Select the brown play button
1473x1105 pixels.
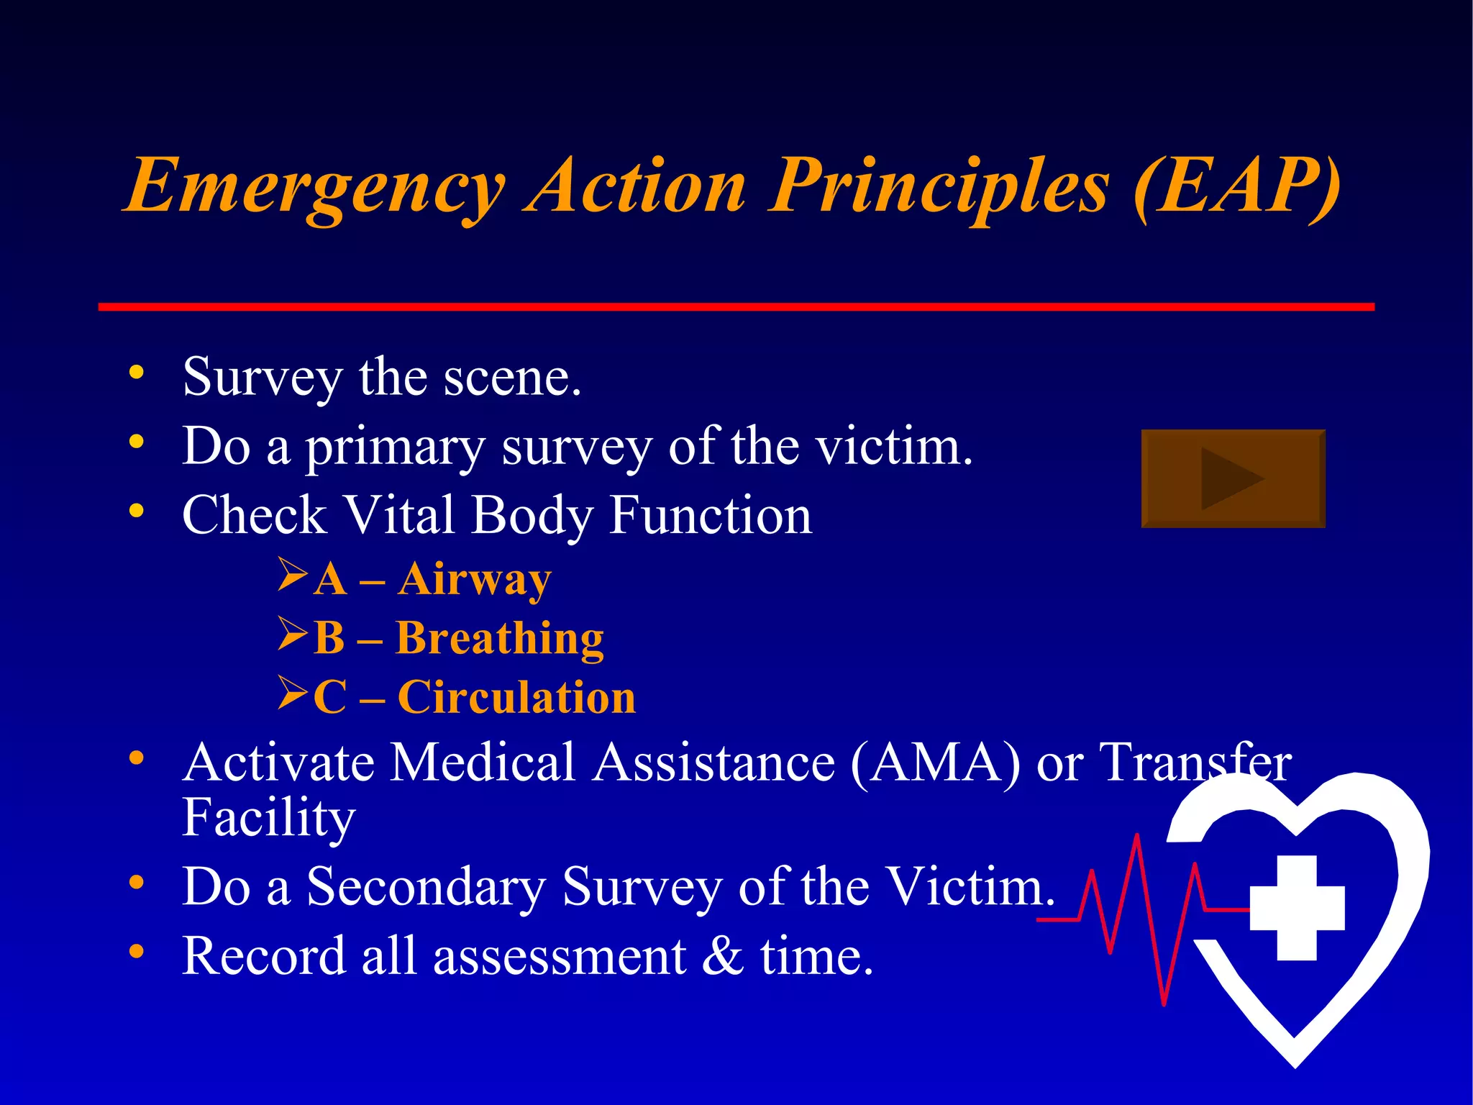tap(1233, 478)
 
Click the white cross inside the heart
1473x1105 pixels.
tap(1297, 908)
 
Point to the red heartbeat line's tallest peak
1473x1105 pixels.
tap(1137, 839)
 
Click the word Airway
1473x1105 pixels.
tap(474, 579)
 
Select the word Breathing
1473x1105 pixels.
tap(499, 638)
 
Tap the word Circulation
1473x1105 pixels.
tap(516, 697)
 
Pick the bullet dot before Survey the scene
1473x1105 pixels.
tap(136, 373)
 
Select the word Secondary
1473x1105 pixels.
tap(427, 887)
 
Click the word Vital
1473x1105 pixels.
tap(398, 515)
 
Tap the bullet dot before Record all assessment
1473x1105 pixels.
tap(136, 952)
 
